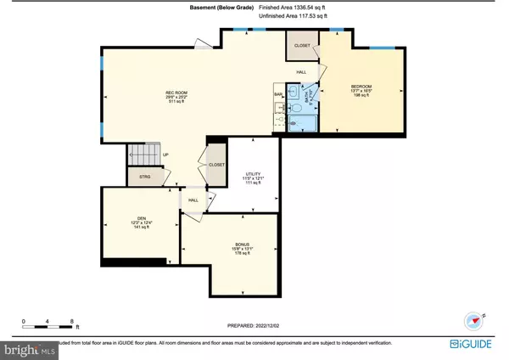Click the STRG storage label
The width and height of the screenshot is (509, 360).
click(133, 177)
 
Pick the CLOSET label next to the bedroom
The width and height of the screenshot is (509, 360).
click(302, 45)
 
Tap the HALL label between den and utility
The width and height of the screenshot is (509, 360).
click(193, 200)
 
